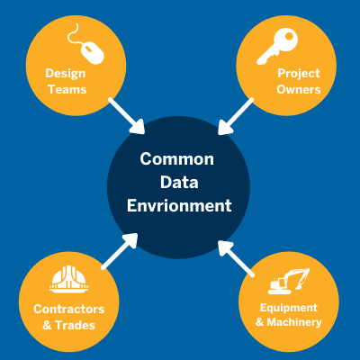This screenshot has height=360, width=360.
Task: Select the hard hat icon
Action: coord(69,279)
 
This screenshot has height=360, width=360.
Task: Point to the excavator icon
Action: coord(289,281)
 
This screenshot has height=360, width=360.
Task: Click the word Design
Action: coord(66,74)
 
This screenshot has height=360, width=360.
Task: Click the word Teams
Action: coord(67,89)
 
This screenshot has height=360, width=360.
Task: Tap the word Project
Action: coord(299,74)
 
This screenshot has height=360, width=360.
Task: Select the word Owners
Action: coord(299,89)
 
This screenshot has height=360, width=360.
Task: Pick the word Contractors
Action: coord(69,310)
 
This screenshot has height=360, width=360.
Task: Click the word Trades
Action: coord(76,325)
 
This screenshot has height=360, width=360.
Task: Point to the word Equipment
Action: coord(289,308)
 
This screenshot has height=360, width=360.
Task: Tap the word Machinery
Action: coord(294,322)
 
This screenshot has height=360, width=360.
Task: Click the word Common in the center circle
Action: coord(177,159)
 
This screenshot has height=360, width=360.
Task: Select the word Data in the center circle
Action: coord(179,183)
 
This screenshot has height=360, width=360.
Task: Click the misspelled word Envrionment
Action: coord(179,206)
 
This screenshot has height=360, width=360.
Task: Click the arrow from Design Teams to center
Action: coord(127,116)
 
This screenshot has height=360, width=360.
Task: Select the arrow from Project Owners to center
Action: coord(235,116)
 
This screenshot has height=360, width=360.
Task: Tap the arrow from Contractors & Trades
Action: coord(120,251)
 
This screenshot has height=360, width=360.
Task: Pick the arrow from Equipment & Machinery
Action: coord(236,258)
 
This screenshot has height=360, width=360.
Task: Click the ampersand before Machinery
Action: coord(260,322)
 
